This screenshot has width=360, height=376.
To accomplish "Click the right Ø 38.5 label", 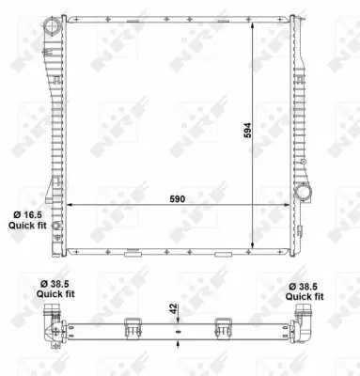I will (305, 285).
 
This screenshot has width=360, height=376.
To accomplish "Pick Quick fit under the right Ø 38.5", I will (305, 296).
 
